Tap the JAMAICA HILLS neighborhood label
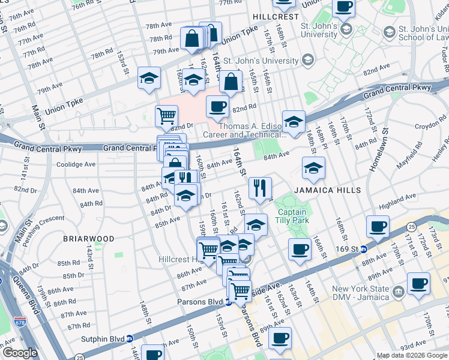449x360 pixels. (327, 190)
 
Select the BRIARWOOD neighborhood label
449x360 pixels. (88, 239)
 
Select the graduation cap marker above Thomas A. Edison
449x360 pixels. (294, 121)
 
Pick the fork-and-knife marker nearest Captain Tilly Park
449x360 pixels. (260, 188)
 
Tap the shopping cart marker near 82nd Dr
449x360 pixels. (166, 115)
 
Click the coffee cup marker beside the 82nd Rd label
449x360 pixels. (217, 107)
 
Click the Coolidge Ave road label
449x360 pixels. (76, 164)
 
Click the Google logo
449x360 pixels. (20, 353)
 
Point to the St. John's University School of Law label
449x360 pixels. (420, 36)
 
